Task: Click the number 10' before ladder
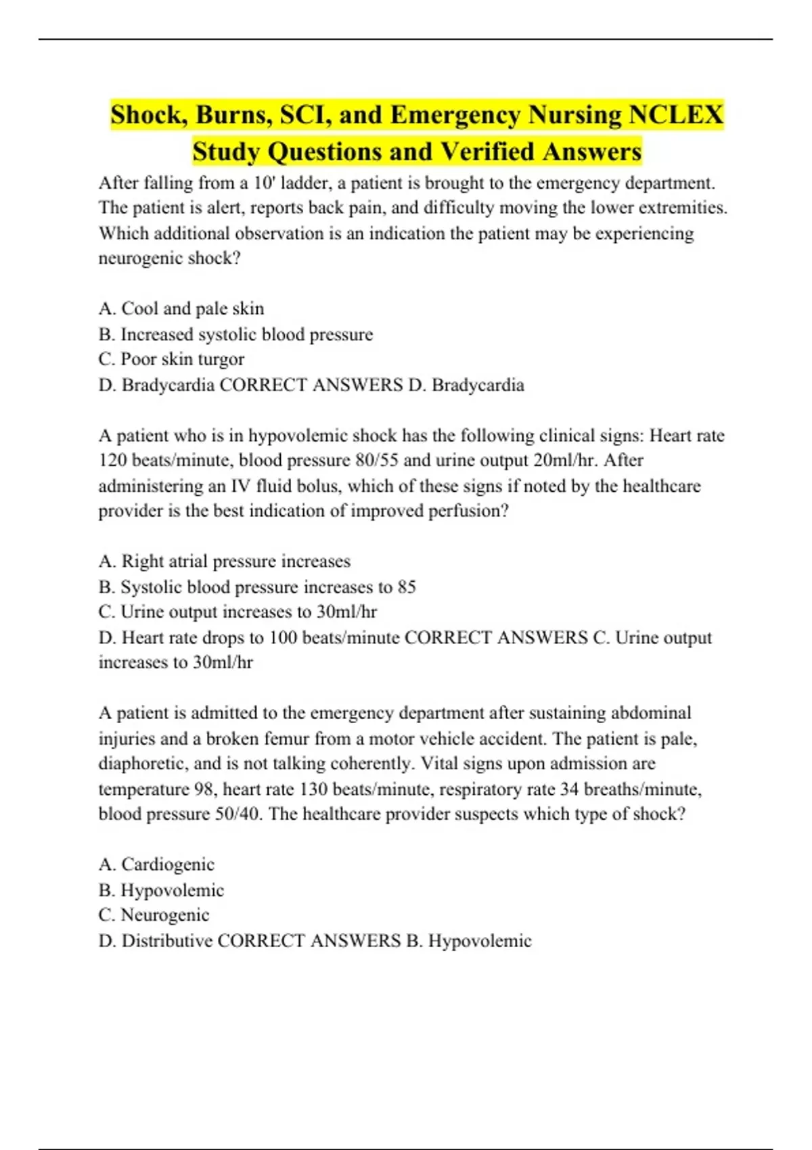tap(263, 183)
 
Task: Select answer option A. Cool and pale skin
tap(181, 308)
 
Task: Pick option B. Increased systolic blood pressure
tap(235, 334)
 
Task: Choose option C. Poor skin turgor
tap(171, 359)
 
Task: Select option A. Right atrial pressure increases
tap(225, 561)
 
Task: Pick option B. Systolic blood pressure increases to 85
tap(257, 586)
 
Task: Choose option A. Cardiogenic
tap(156, 865)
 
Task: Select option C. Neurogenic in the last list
tap(154, 915)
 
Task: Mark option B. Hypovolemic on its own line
tap(161, 890)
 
